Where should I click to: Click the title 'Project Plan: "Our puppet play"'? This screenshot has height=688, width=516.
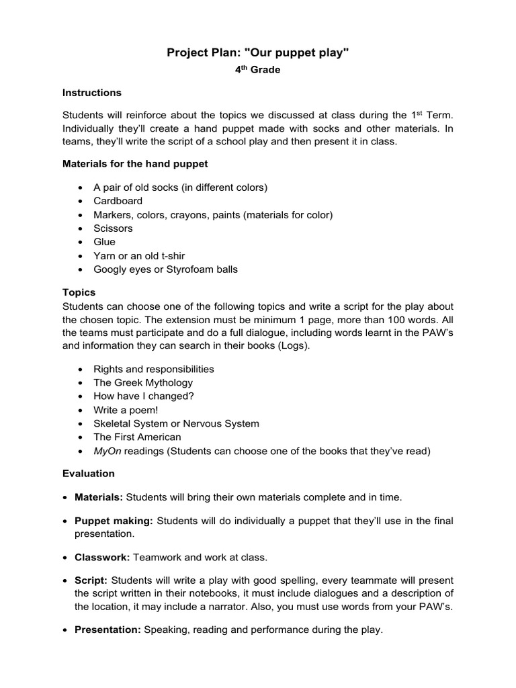(258, 53)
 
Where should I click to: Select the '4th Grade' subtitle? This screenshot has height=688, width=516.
(258, 70)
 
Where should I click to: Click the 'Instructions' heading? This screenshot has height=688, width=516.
(92, 93)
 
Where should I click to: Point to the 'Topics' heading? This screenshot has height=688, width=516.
(79, 292)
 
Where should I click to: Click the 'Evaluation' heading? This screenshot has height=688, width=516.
(89, 473)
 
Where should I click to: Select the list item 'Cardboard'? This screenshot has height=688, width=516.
(118, 201)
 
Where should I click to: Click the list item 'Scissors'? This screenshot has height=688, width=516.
(113, 228)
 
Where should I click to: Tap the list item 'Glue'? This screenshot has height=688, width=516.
(104, 242)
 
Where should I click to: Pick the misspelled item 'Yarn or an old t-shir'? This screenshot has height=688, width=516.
(139, 256)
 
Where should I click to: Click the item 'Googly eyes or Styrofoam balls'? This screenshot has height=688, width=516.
(165, 269)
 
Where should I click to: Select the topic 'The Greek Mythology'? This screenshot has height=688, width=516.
(143, 383)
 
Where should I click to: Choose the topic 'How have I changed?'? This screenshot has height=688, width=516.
(144, 396)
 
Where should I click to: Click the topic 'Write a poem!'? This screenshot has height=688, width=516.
(126, 410)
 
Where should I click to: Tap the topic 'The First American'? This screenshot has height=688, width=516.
(137, 437)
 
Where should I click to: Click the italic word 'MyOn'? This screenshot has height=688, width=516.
(107, 451)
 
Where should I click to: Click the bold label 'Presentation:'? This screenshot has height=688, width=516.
(107, 630)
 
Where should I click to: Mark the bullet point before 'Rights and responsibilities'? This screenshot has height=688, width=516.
(81, 370)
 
